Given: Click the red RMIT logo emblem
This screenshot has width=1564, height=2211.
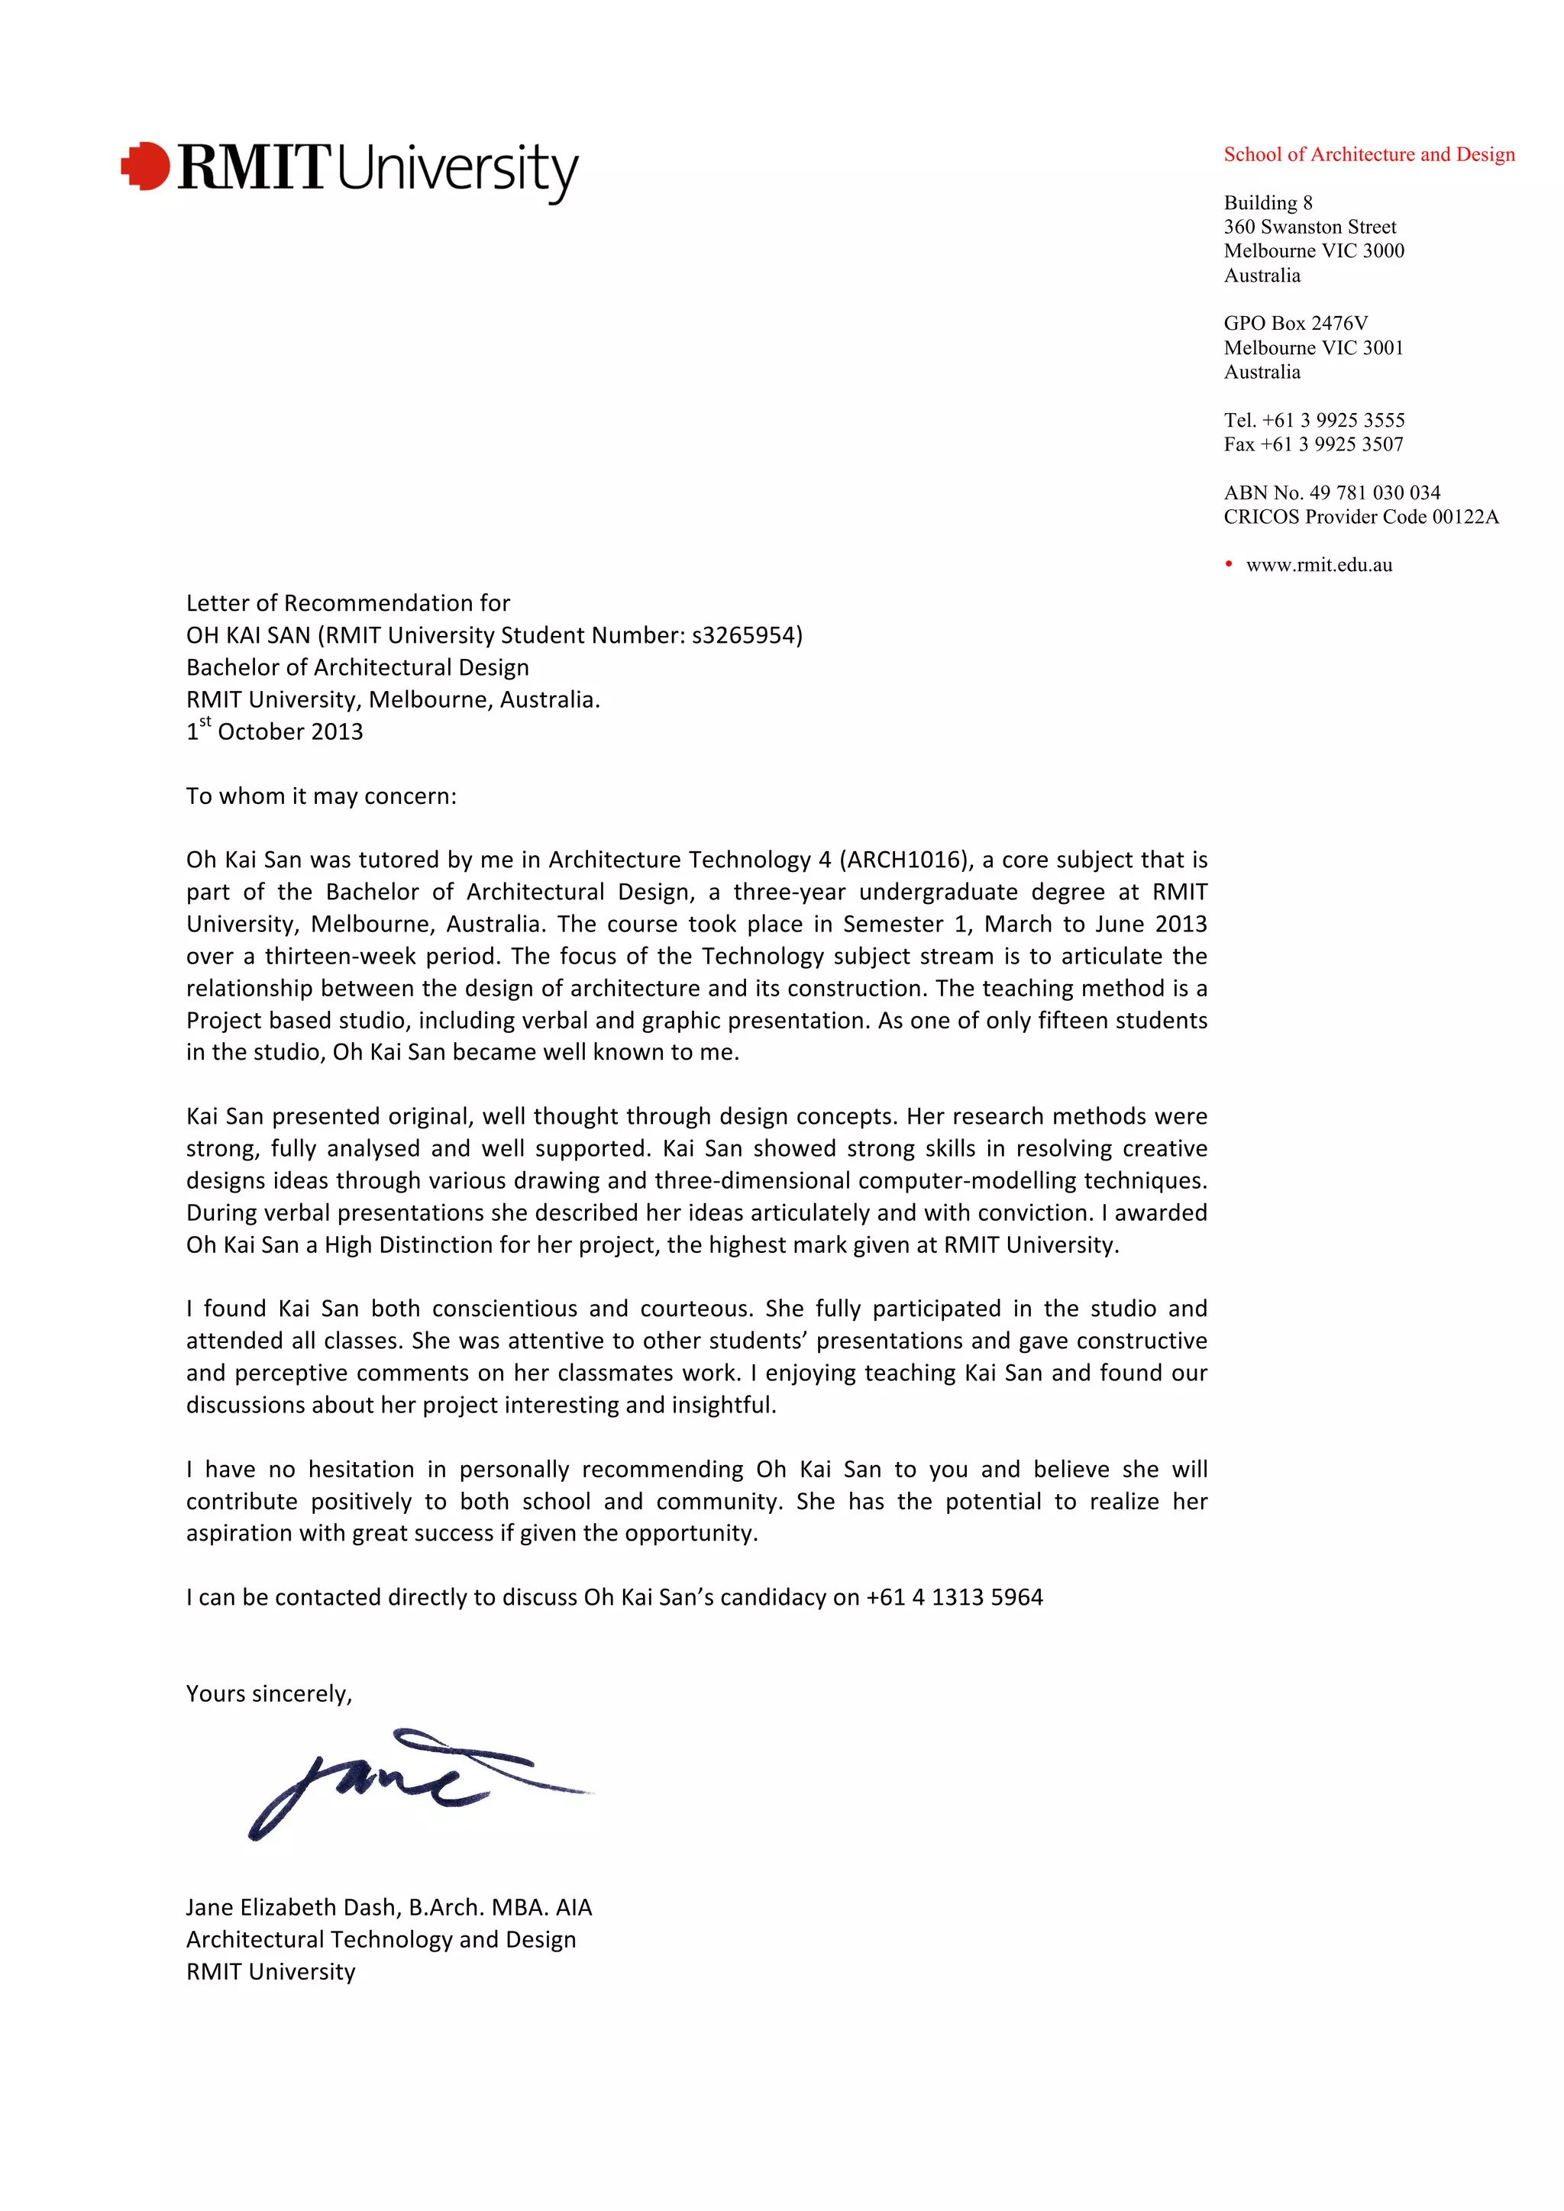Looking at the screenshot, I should click(x=145, y=166).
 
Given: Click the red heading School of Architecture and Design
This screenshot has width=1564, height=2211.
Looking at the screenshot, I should click(x=1368, y=154).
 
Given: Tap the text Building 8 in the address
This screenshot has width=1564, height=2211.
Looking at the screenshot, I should click(x=1268, y=202).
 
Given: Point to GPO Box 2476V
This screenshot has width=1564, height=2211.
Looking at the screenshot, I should click(x=1295, y=323).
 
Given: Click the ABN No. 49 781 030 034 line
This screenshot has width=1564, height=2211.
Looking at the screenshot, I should click(x=1332, y=492).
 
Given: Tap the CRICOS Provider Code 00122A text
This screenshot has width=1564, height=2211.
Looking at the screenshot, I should click(x=1361, y=516).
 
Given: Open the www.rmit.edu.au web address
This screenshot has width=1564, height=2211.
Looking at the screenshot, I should click(x=1318, y=565).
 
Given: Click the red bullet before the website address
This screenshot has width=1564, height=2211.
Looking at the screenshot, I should click(x=1229, y=564).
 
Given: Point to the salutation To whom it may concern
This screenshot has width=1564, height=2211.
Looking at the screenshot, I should click(x=321, y=796).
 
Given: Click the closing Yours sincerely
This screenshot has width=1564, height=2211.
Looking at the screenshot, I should click(x=269, y=1694).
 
